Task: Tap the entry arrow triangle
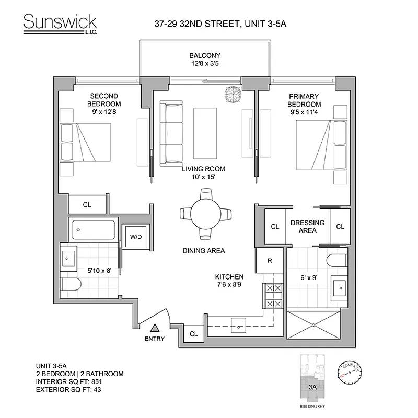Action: (155, 328)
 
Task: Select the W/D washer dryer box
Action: (136, 237)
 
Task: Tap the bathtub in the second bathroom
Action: (92, 229)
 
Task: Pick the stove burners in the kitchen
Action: (273, 295)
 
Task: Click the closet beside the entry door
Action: (193, 333)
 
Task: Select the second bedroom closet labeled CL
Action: (87, 204)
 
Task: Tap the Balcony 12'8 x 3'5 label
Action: (205, 60)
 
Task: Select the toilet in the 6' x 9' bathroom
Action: (337, 260)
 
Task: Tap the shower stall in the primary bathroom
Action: (313, 326)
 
